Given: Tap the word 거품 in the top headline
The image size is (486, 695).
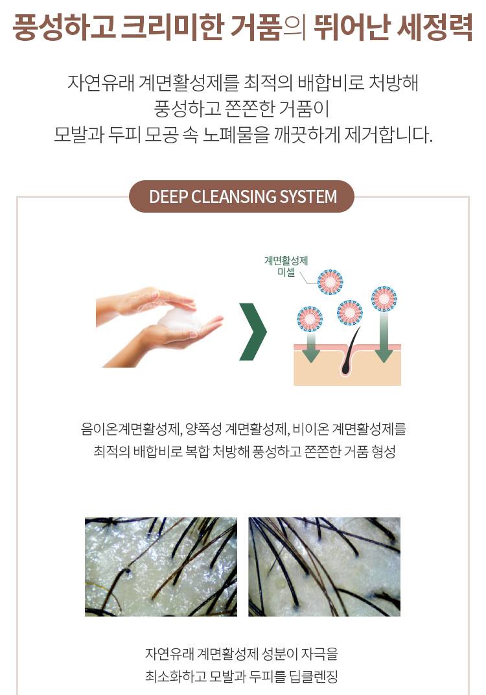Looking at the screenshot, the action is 257,27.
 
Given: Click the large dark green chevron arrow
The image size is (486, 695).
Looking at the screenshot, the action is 253,331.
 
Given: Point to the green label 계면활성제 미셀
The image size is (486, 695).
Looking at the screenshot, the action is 286,266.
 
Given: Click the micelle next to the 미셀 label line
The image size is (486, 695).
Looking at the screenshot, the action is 330,282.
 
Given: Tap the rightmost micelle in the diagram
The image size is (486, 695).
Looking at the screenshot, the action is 384,298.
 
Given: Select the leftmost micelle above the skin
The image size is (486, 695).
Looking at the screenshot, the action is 310,319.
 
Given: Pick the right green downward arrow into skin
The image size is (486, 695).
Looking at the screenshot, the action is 384,337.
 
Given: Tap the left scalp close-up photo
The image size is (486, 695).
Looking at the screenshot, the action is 161,567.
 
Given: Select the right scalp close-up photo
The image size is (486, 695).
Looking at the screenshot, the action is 324,567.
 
